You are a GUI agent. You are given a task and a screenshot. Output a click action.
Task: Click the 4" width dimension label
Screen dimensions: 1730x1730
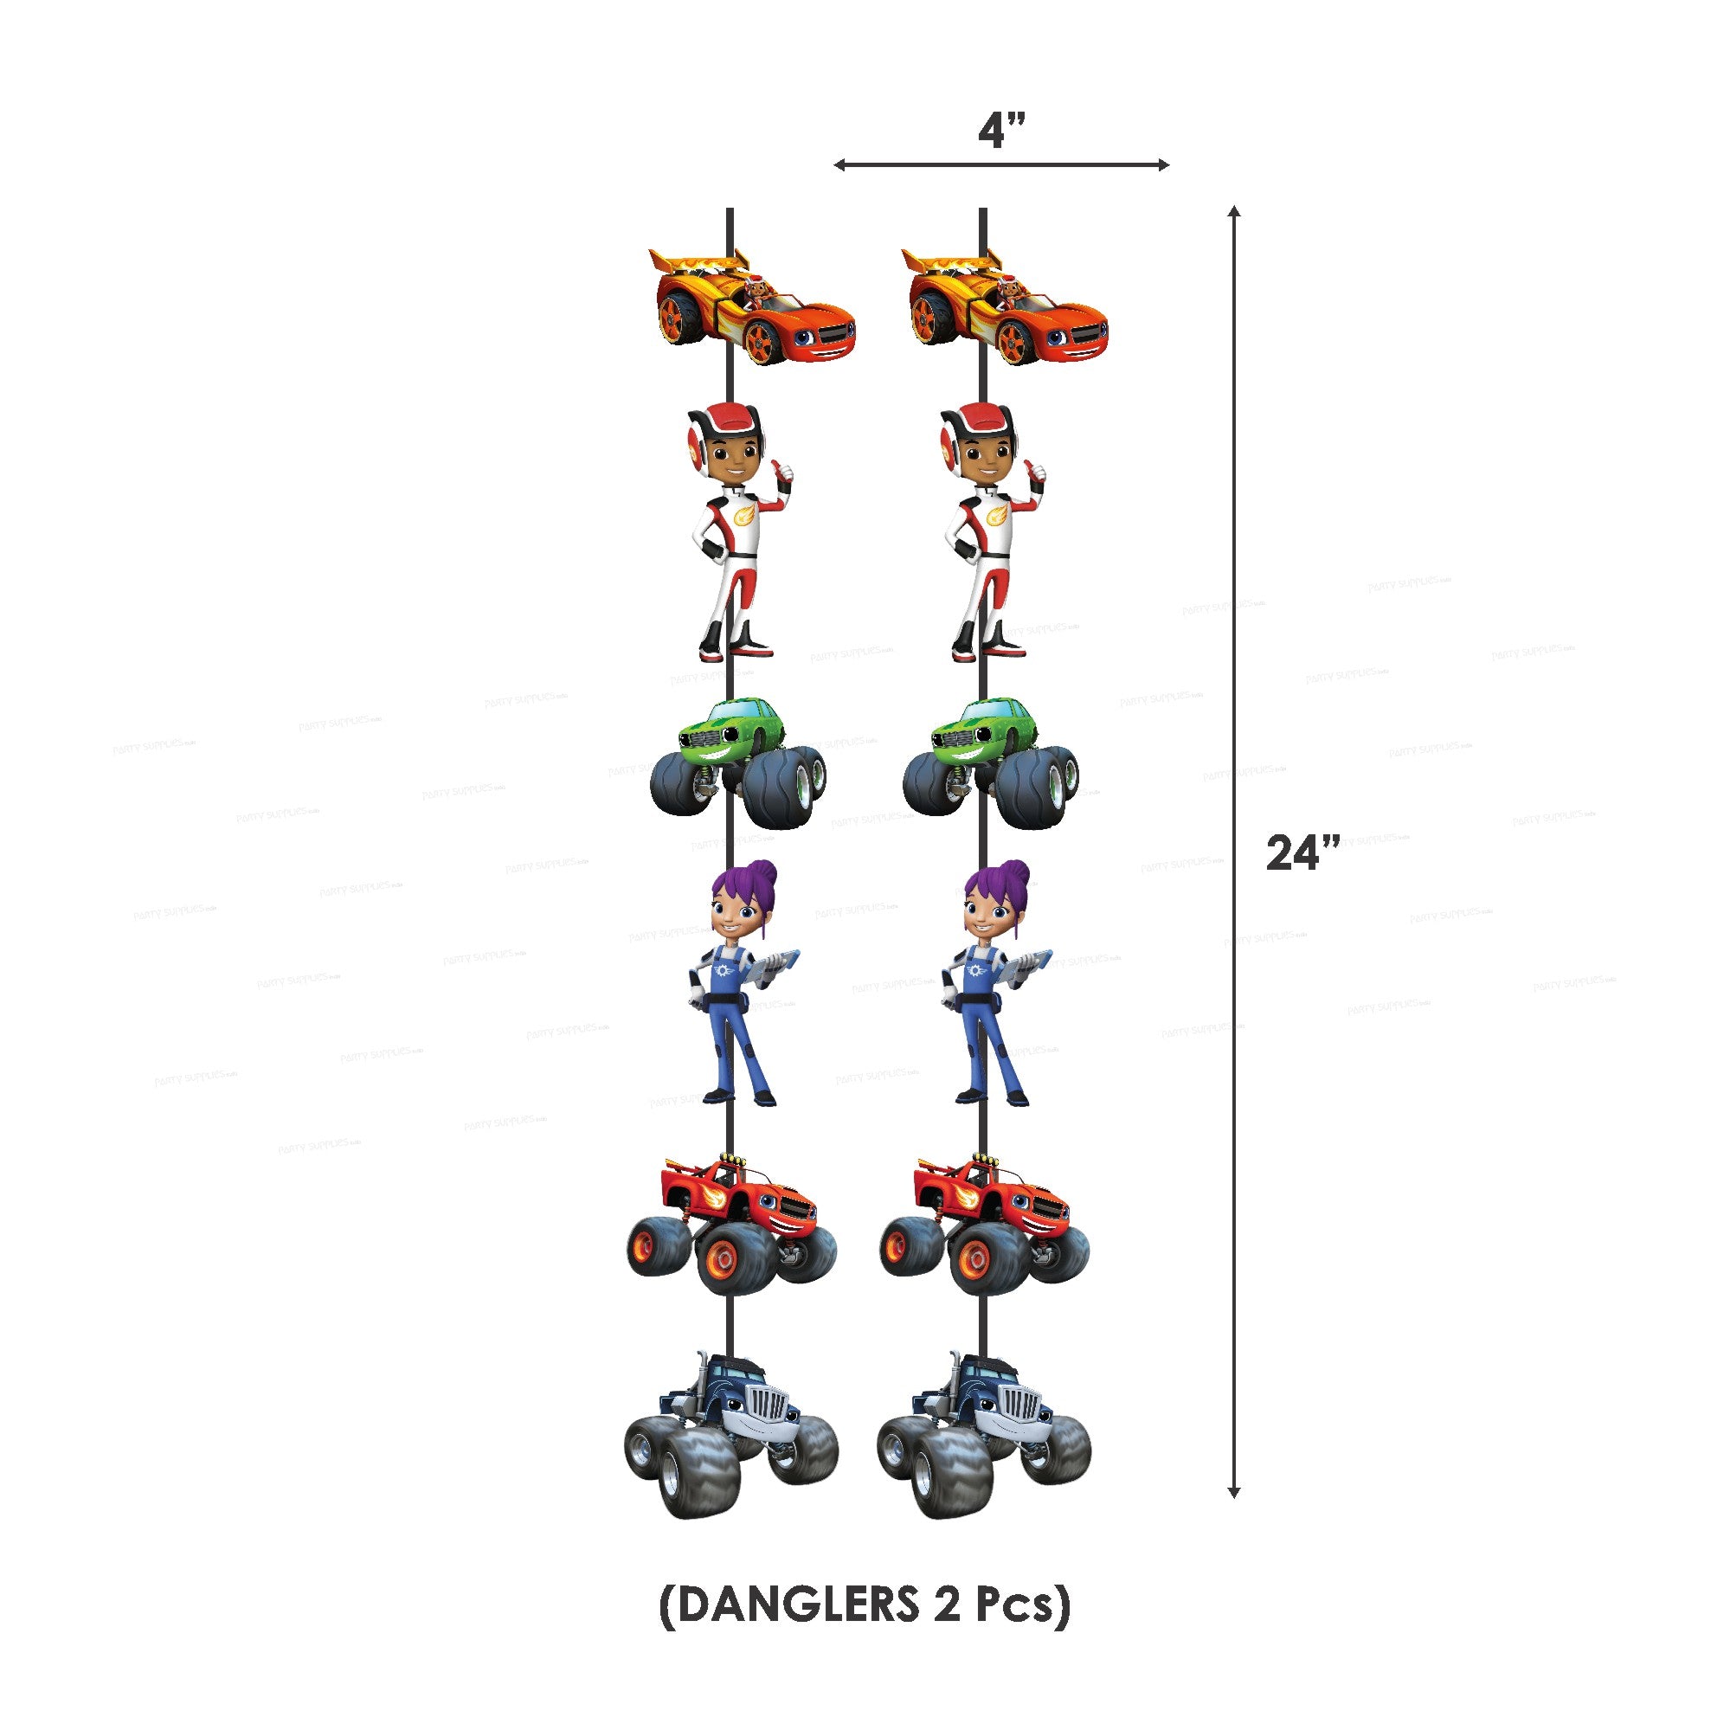point(1000,132)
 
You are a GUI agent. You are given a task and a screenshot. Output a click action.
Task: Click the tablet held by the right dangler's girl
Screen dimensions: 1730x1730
point(1028,965)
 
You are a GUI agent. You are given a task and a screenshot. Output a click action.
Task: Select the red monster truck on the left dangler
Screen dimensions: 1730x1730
point(732,1222)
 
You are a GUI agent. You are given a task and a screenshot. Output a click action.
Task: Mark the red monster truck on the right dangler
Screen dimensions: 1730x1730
point(985,1222)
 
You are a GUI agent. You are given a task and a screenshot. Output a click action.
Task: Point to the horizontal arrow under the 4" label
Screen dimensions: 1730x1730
point(1000,164)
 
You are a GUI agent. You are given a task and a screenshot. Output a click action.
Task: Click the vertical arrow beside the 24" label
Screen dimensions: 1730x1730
point(1233,851)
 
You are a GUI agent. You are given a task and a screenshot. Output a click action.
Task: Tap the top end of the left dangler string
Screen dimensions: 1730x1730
point(730,213)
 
